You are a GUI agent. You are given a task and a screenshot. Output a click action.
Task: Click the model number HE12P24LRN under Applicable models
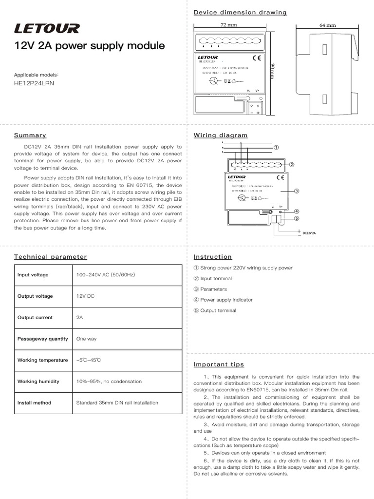pos(35,83)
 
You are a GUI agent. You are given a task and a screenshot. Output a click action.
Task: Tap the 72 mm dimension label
pos(228,25)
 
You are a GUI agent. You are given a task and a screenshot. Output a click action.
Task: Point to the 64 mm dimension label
pos(328,25)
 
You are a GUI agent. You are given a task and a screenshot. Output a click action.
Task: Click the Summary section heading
pos(30,135)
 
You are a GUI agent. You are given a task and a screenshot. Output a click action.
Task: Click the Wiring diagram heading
pos(221,135)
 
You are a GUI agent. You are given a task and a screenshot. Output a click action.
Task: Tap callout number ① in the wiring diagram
pos(276,147)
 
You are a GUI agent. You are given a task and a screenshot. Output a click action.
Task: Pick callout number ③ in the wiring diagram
pos(296,191)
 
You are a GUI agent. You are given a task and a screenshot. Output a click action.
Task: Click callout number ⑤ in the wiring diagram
pos(296,218)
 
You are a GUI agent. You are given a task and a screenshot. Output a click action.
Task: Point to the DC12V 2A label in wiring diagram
pos(309,233)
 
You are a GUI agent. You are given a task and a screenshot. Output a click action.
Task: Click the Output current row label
pos(35,318)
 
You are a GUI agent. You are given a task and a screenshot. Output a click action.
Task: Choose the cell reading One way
pos(87,339)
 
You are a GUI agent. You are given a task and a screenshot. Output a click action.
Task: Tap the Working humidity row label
pos(38,382)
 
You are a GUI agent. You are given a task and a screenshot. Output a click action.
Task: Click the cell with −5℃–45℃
pos(89,360)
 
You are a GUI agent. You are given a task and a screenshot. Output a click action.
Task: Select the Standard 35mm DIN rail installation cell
pos(117,403)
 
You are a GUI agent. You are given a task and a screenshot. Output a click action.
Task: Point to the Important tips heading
pos(219,365)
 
